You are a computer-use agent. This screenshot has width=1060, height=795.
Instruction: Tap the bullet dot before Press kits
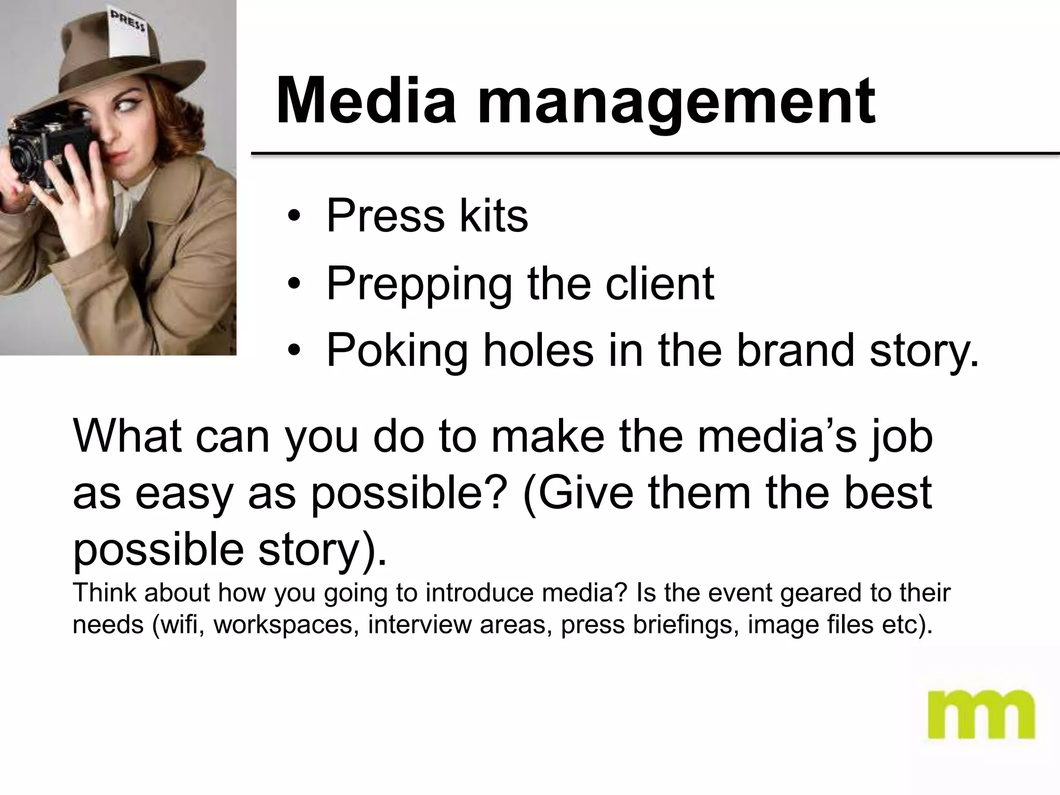point(294,217)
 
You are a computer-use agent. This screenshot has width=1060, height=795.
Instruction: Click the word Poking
point(397,352)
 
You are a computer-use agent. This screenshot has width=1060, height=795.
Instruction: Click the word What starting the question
point(127,436)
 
